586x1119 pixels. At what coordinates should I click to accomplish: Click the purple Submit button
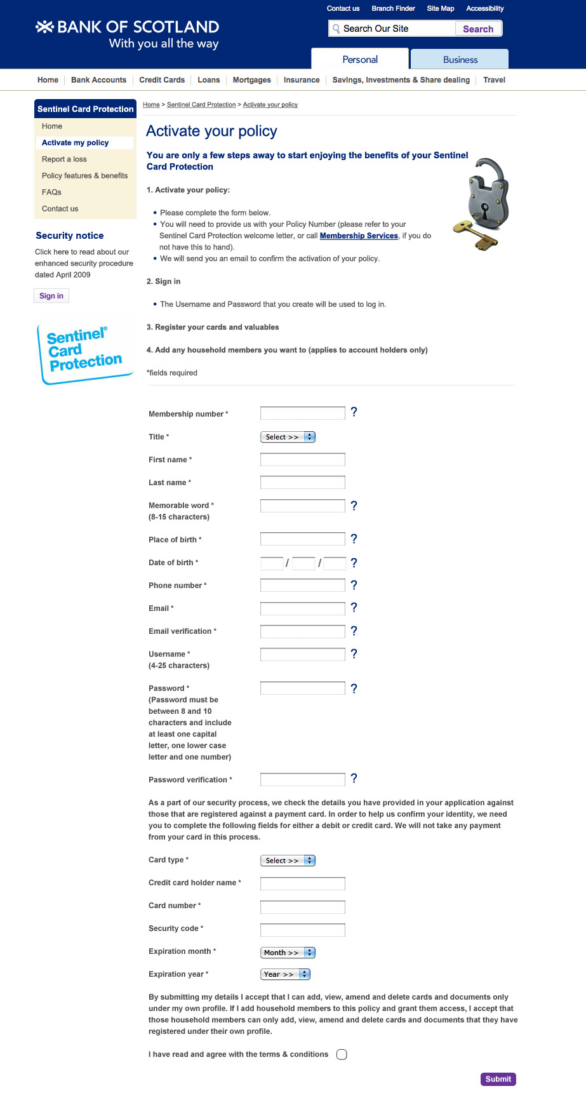(x=498, y=1079)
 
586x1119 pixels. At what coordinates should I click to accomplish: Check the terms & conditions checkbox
(x=342, y=1055)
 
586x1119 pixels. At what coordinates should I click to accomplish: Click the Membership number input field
(x=302, y=413)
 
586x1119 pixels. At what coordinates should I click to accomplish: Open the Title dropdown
(x=288, y=437)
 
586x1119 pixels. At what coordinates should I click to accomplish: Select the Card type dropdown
(x=288, y=861)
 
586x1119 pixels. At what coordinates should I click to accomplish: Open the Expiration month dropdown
(x=288, y=953)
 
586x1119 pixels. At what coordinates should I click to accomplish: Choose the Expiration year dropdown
(x=285, y=974)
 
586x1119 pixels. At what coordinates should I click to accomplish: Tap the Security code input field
(x=302, y=930)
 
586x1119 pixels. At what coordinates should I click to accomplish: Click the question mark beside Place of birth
(x=354, y=539)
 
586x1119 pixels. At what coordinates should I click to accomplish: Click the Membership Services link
(x=359, y=236)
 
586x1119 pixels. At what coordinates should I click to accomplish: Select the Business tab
(x=460, y=60)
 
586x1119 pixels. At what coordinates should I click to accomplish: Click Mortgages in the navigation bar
(x=251, y=80)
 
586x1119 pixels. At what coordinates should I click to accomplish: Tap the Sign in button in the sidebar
(x=51, y=296)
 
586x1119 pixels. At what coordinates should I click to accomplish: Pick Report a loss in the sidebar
(x=64, y=159)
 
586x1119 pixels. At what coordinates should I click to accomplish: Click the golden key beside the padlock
(x=474, y=234)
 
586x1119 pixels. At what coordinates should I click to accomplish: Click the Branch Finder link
(x=393, y=9)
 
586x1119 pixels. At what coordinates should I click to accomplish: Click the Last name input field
(x=302, y=483)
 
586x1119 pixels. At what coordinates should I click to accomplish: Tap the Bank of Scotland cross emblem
(x=44, y=27)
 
